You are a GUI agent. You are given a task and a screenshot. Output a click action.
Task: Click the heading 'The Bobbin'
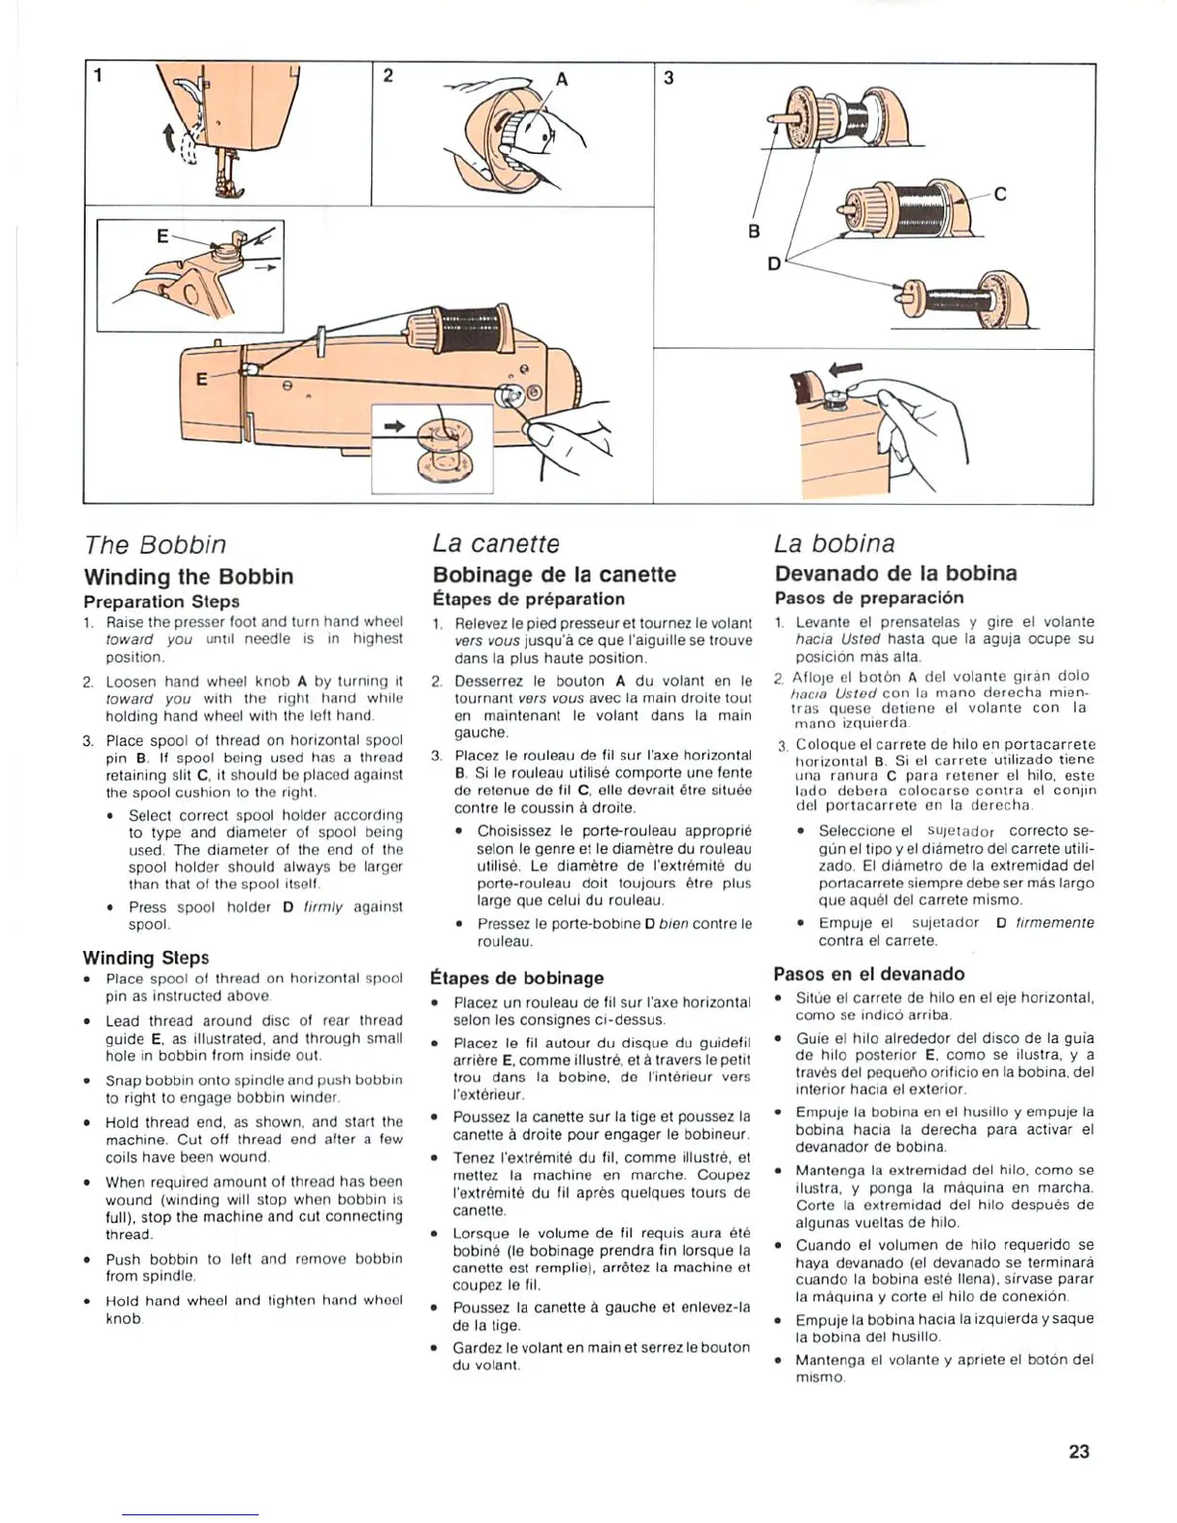[x=155, y=545]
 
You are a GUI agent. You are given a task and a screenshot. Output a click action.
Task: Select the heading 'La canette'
[x=495, y=544]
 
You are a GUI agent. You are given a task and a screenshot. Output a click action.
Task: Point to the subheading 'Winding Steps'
[x=145, y=958]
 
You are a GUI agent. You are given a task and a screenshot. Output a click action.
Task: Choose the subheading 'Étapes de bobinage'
[x=517, y=978]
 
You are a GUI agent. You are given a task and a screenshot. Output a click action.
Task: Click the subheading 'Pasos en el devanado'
[x=868, y=974]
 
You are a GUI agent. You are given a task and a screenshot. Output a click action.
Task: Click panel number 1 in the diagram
[x=98, y=76]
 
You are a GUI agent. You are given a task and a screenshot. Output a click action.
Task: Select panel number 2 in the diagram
[x=387, y=76]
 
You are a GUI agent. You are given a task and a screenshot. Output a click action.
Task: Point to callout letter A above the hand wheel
[x=562, y=80]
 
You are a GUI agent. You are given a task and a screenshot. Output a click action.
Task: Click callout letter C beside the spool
[x=999, y=194]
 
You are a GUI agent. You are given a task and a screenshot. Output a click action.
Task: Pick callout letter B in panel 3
[x=754, y=232]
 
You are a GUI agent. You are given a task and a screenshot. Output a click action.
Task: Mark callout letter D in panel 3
[x=774, y=262]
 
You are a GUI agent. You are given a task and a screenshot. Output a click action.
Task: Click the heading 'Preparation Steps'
[x=161, y=602]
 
